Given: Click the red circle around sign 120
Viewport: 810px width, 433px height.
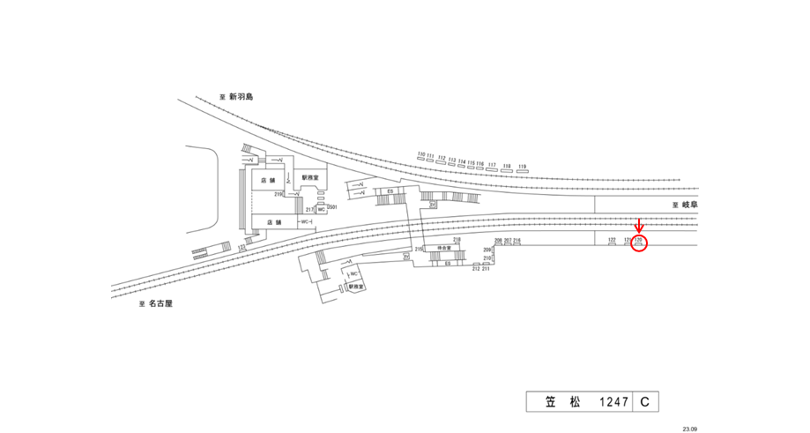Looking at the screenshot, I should [x=640, y=243].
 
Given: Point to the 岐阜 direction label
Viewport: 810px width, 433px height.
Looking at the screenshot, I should [x=690, y=205].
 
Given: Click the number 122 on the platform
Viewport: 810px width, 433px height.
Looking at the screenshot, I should [x=612, y=239].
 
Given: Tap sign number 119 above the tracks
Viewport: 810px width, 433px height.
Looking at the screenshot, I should [x=522, y=166].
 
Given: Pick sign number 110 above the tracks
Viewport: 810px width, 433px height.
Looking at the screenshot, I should [x=421, y=154].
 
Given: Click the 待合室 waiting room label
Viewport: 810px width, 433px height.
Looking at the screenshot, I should [x=445, y=250].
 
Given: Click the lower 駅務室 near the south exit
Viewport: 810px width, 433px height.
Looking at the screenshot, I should [x=355, y=287].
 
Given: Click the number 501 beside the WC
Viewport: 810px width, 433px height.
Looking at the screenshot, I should [x=332, y=207].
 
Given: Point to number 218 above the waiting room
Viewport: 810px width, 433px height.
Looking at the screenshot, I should [x=457, y=240].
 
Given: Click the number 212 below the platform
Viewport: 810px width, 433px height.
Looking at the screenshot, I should [x=476, y=268].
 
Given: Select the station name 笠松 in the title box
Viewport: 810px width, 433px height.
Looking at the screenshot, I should [x=563, y=402].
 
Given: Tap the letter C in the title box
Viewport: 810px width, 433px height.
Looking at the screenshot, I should [x=644, y=402].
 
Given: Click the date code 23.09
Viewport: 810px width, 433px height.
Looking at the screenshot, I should [x=689, y=429].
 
